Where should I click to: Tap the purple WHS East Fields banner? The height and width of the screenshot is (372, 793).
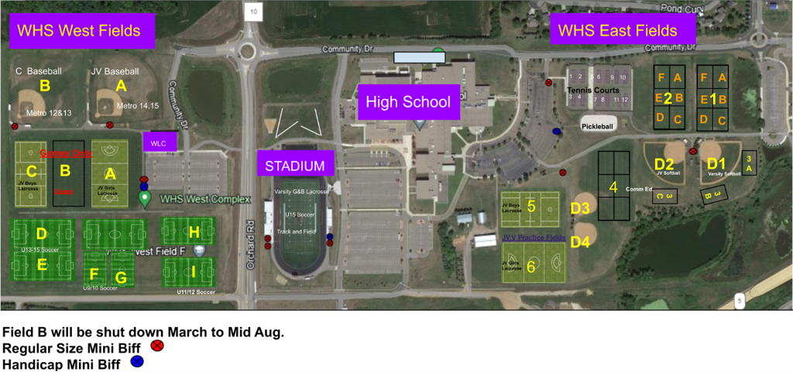coord(617,31)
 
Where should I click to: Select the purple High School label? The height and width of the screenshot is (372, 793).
coord(408,102)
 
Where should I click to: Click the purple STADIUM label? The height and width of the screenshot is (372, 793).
coord(295,165)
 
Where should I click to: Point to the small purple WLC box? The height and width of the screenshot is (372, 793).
coord(160,142)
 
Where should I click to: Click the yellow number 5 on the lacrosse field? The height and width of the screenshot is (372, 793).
coord(531,206)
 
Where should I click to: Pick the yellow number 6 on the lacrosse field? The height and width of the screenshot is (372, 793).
coord(531,266)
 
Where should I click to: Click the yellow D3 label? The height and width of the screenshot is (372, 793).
coord(580,207)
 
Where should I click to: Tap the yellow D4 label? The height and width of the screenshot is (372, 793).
coord(580,242)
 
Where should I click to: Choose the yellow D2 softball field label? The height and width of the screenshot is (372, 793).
coord(664,164)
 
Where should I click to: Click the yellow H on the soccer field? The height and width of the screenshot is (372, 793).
coord(194,231)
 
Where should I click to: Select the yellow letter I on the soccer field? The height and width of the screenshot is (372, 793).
coord(194,271)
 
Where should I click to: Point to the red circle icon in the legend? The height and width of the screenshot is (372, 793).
coord(158,346)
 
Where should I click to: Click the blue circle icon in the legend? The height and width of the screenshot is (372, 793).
coord(137,361)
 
